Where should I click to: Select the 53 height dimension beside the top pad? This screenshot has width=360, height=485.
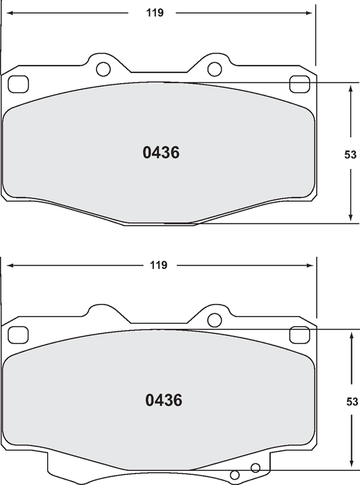pos(350,154)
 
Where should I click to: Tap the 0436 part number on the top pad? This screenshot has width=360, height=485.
pos(161,153)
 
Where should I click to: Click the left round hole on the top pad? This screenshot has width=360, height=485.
pos(103,68)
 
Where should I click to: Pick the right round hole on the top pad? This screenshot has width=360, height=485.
pos(214,68)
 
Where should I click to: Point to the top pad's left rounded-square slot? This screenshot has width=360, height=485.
pos(18,84)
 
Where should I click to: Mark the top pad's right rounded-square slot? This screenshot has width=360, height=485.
pos(298,84)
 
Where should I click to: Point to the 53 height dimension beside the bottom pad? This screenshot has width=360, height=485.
pos(351,401)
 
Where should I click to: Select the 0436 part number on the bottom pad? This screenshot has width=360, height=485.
pos(163,400)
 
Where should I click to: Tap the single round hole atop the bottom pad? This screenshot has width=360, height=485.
pos(214,320)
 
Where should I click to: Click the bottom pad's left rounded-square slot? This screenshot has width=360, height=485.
pos(18,334)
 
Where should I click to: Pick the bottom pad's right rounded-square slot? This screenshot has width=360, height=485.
pos(298,334)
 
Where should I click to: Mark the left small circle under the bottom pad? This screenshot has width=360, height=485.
pos(236,475)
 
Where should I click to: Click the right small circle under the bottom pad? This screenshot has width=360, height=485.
pos(255,467)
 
